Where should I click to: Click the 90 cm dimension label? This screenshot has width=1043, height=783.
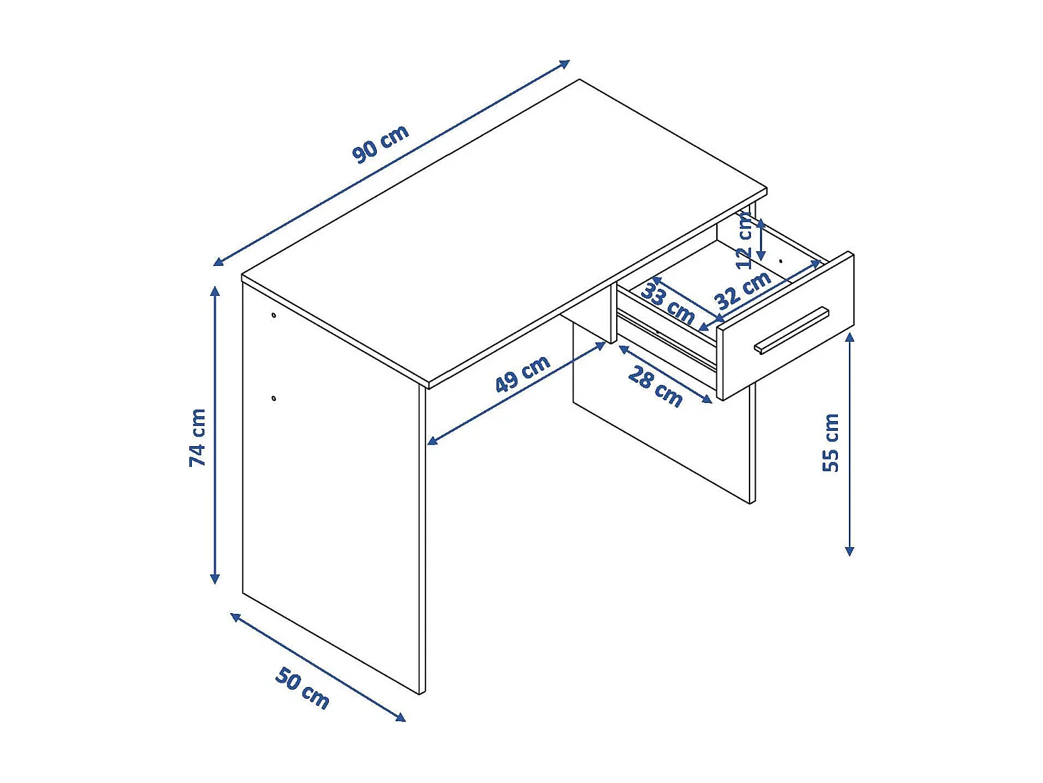380,144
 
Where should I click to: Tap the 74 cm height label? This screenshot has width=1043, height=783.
198,438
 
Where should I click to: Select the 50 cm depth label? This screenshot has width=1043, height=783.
302,688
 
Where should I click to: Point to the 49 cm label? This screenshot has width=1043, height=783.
522,374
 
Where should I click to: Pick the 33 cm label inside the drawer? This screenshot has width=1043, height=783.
668,303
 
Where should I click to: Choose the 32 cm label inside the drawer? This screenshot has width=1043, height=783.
743,290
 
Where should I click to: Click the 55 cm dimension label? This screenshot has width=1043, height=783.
831,443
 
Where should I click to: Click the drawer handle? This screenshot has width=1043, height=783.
792,330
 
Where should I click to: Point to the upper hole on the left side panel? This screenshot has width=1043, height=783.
274,315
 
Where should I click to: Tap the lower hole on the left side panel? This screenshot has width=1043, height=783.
274,398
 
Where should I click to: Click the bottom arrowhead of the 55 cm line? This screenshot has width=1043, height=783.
849,553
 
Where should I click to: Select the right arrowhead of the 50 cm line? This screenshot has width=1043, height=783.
402,718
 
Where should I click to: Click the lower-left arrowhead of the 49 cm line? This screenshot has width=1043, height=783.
431,441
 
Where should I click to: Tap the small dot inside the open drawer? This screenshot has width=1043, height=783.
781,262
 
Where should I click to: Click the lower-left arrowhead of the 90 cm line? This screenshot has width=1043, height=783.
218,262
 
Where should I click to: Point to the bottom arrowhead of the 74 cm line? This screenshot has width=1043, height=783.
216,580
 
